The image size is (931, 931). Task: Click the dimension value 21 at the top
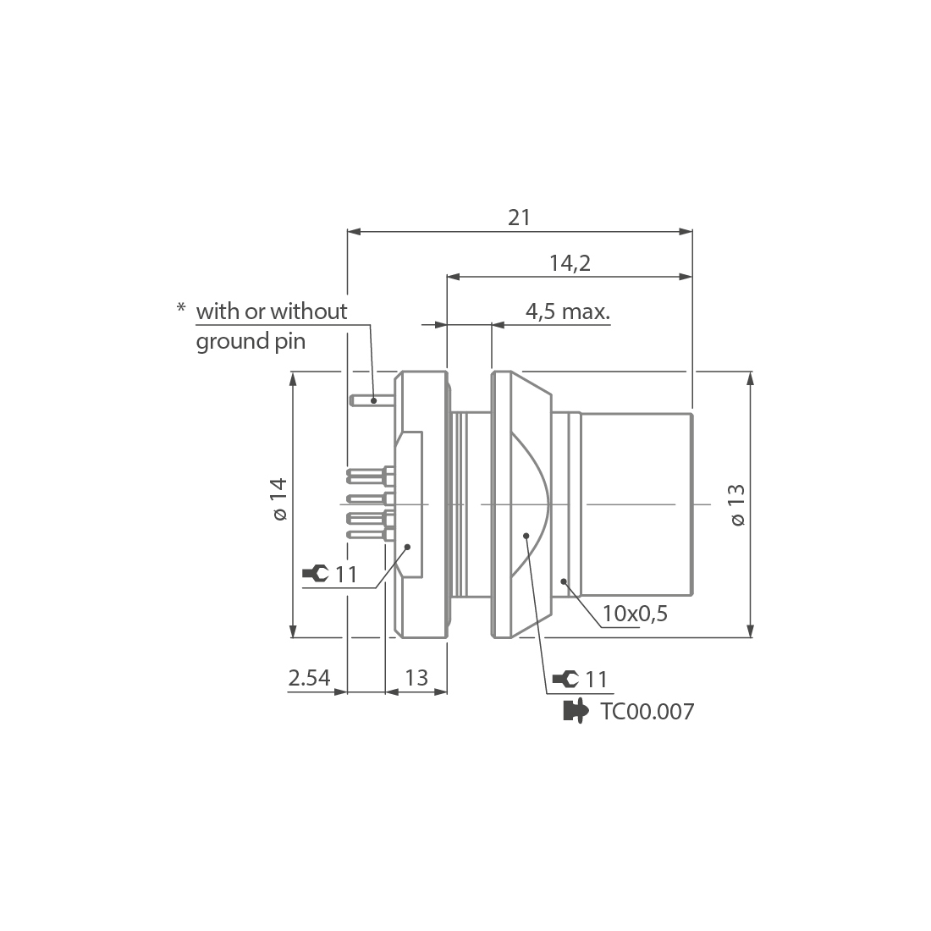(519, 218)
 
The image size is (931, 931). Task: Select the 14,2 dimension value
(569, 263)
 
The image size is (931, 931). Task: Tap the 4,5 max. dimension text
(567, 311)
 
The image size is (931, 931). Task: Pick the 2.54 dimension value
(309, 678)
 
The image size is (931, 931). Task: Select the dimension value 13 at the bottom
(416, 678)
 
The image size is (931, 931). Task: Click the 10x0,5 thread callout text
(635, 614)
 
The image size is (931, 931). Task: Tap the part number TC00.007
(647, 712)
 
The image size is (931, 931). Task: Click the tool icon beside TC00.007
(576, 711)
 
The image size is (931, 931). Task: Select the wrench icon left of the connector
(315, 574)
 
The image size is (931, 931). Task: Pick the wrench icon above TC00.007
(565, 679)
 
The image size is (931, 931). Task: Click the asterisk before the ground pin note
(180, 309)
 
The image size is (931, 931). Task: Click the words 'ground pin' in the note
(251, 342)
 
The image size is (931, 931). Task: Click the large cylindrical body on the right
(635, 504)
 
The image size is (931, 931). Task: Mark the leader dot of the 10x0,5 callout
(565, 581)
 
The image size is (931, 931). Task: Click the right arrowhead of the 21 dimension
(686, 231)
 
